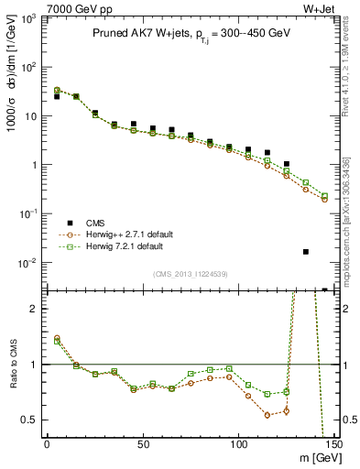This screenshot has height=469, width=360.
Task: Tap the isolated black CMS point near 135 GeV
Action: click(306, 251)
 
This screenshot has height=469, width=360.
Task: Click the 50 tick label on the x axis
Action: click(142, 444)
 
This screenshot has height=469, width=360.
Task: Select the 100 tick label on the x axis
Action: click(238, 444)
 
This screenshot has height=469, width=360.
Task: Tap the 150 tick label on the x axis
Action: click(334, 444)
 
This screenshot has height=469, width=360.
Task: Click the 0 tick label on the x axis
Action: click(47, 444)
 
